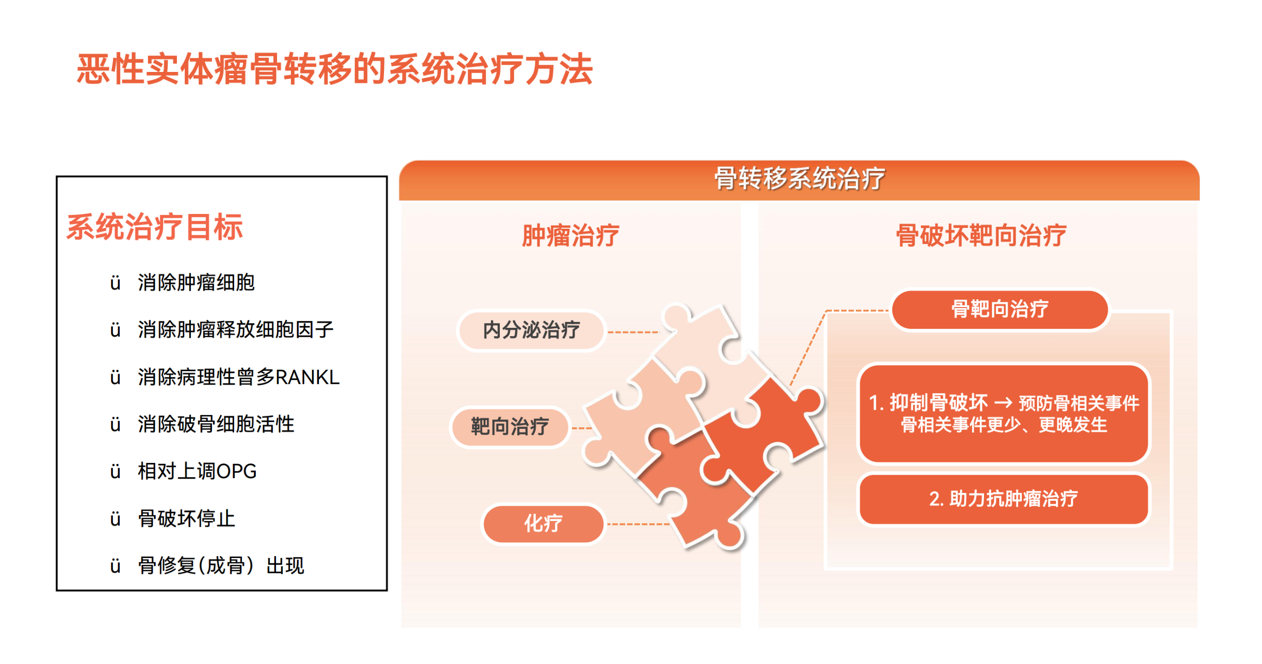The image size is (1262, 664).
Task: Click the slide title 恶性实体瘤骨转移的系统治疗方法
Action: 334,69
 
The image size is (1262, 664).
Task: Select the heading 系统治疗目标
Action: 155,227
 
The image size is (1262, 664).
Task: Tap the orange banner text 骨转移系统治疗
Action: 800,178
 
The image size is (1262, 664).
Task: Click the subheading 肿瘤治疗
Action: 570,235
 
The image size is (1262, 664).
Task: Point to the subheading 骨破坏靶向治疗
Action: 981,235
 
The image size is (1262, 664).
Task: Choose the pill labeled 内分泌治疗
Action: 531,330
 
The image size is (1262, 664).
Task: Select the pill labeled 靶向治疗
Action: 510,426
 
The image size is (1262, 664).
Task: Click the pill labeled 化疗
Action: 543,524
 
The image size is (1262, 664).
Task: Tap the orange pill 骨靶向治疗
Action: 1000,310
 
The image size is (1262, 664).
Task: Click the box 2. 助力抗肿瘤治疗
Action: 1004,499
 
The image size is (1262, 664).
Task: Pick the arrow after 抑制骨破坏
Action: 1003,403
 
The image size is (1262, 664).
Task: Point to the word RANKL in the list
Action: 307,377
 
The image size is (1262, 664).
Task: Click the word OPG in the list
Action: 237,472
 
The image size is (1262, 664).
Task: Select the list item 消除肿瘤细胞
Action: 196,283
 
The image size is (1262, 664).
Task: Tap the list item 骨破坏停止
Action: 186,519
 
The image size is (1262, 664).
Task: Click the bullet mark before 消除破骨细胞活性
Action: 115,424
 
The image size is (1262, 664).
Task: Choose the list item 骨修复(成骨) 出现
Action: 221,566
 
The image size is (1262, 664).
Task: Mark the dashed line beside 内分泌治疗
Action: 633,332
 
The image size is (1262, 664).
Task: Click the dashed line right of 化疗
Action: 638,524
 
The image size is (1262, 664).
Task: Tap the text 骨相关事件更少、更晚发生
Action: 1004,425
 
